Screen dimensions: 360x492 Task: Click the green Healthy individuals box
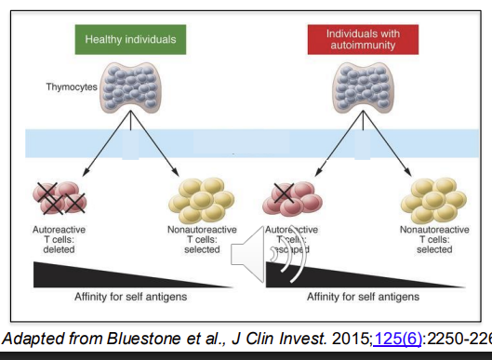pos(130,39)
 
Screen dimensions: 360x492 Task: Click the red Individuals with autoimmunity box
pos(359,39)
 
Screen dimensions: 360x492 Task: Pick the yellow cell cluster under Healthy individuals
pos(201,197)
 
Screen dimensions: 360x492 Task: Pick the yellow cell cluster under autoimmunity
pos(433,197)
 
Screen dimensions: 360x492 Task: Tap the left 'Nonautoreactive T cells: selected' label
pos(201,239)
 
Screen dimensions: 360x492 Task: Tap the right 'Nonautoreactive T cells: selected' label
pos(433,239)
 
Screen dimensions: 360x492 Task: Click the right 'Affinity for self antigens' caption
pos(363,297)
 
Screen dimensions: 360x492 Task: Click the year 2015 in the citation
pos(347,336)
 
